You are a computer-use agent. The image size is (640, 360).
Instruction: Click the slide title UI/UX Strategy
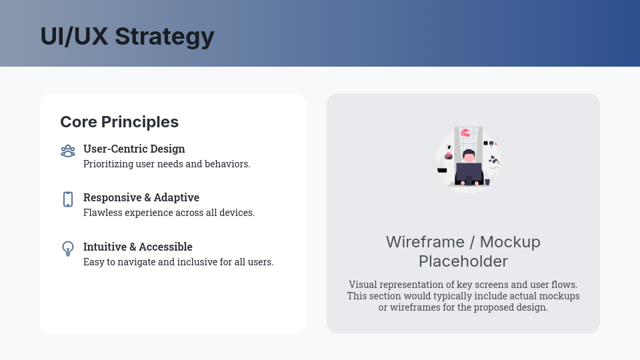pos(127,36)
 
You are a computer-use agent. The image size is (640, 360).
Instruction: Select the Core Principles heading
pos(119,122)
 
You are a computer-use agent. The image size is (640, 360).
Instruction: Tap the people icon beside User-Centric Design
pos(68,151)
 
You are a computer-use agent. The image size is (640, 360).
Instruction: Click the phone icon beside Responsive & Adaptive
pos(68,199)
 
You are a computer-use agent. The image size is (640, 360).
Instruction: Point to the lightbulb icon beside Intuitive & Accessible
pos(68,249)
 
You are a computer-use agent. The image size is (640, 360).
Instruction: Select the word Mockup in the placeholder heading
pos(510,241)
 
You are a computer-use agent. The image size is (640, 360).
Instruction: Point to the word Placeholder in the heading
pos(463,261)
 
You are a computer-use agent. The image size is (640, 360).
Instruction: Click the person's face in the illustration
pos(469,157)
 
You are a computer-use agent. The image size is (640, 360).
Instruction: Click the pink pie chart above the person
pos(465,133)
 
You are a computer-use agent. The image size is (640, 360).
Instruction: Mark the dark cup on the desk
pos(487,181)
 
